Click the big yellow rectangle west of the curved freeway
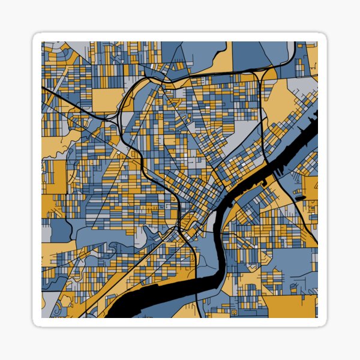point(107,99)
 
